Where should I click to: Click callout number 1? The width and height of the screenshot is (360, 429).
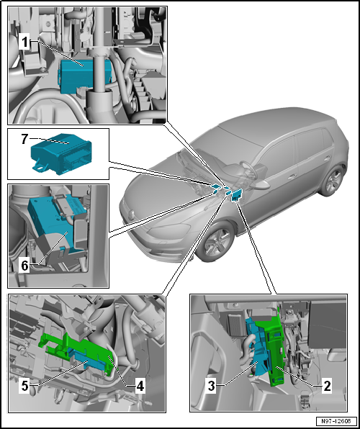(x=24, y=43)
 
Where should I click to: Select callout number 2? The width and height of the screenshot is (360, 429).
(x=326, y=386)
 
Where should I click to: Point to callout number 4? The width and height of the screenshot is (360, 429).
(x=140, y=386)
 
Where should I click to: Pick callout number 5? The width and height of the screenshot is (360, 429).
(x=24, y=386)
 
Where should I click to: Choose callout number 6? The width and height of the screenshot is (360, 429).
(x=24, y=265)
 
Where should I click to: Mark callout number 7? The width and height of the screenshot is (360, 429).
(x=24, y=140)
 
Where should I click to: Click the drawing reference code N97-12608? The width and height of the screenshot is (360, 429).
(x=337, y=420)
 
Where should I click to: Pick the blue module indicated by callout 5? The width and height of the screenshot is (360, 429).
(x=88, y=361)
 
